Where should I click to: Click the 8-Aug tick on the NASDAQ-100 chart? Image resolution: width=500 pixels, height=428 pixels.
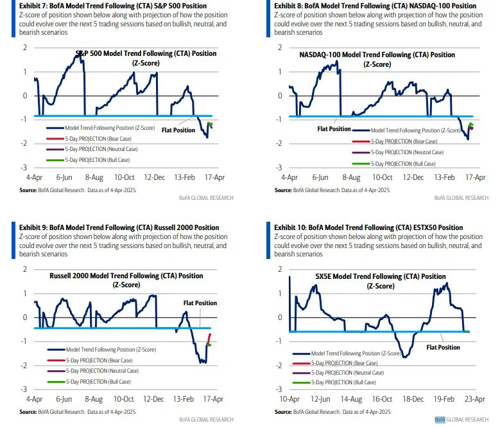pyautogui.click(x=350, y=177)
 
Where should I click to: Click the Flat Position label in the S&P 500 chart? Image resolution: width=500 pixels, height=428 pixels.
pyautogui.click(x=178, y=129)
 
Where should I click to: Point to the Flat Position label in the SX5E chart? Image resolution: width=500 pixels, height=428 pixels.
pyautogui.click(x=444, y=347)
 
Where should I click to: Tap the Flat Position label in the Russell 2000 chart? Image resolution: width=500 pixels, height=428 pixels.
pyautogui.click(x=200, y=303)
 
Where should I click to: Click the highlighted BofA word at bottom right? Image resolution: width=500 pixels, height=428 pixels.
pyautogui.click(x=440, y=420)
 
